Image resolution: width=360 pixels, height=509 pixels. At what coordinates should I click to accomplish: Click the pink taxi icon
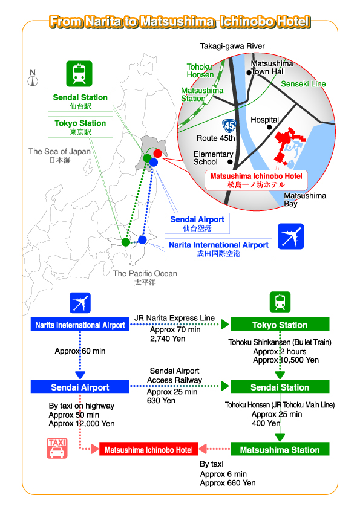tap(57, 448)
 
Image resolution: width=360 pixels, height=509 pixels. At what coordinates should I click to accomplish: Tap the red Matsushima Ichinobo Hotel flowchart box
tap(148, 449)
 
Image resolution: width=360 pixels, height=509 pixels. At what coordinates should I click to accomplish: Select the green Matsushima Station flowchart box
tap(280, 449)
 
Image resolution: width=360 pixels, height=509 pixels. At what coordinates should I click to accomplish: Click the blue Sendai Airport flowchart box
tap(80, 387)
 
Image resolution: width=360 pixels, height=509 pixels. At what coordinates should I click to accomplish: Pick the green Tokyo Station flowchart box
tap(280, 324)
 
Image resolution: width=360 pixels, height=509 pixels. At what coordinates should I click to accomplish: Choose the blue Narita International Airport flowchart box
tap(80, 324)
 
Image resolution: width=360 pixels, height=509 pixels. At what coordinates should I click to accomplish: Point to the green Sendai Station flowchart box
tap(280, 387)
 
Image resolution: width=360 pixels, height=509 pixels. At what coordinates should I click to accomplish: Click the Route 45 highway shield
tap(229, 126)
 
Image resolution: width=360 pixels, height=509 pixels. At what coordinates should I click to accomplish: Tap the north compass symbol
tap(33, 78)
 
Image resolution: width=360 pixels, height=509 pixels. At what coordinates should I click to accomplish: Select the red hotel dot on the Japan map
tap(157, 153)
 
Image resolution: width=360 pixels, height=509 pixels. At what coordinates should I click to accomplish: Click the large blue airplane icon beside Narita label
tap(291, 236)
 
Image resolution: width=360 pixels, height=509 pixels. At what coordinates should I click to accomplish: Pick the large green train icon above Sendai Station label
tap(79, 74)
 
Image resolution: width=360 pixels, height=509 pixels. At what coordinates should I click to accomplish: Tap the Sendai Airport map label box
tap(197, 223)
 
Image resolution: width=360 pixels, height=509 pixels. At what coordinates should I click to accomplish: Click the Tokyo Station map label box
tap(80, 127)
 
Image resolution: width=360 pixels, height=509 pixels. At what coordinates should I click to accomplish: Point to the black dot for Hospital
tap(269, 127)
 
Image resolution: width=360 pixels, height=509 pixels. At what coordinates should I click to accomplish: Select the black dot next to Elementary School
tap(230, 161)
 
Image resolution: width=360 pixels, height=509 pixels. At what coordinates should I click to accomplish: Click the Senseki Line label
tap(303, 84)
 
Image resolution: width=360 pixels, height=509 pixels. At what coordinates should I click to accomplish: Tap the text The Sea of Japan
tap(59, 151)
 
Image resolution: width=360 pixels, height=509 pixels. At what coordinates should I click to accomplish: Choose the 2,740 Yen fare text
tap(168, 339)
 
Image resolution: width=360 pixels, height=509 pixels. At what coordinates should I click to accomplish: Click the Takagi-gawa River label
tap(232, 46)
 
